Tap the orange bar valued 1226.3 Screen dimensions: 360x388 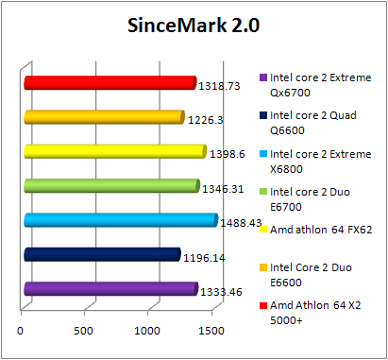tap(103, 117)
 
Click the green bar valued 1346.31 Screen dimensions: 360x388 tap(110, 186)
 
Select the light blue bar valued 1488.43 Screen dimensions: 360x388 tap(120, 220)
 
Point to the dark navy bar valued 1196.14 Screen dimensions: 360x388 tap(101, 254)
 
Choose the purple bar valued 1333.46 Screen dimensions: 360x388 tap(110, 289)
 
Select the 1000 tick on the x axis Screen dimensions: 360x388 tap(147, 331)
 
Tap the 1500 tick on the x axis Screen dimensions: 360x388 tap(211, 331)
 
